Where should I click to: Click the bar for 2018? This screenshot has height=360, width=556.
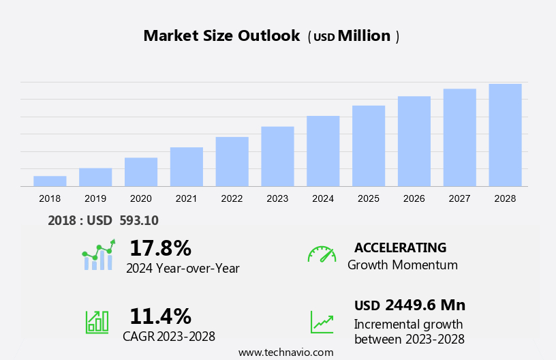coord(50,181)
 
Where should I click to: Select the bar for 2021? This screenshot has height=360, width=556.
coord(187,166)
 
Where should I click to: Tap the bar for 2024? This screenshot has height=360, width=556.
coord(323,151)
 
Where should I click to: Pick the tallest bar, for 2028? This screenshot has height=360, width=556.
coord(505,134)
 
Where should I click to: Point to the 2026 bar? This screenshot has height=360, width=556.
coord(414,141)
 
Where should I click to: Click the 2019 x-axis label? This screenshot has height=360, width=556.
coord(95,198)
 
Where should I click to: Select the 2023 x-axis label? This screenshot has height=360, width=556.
coord(277,198)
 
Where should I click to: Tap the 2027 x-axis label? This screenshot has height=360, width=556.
coord(459,198)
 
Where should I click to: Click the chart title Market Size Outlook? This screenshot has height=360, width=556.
coord(221,36)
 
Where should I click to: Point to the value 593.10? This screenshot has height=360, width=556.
coord(139,220)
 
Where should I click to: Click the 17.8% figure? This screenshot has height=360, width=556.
coord(160,247)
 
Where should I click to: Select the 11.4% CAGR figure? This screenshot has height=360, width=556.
coord(160,316)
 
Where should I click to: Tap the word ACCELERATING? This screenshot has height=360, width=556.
coord(400,247)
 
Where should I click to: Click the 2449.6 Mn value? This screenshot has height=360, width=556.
coord(424,305)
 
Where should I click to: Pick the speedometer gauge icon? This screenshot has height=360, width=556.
coord(322,254)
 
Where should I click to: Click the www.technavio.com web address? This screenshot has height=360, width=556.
coord(286,352)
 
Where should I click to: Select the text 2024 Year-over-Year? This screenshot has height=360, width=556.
coord(183,268)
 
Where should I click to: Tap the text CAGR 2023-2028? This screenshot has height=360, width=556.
coord(169,336)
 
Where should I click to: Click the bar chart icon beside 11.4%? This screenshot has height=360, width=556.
coord(97,322)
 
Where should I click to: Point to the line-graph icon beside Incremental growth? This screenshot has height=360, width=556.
coord(322,322)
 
